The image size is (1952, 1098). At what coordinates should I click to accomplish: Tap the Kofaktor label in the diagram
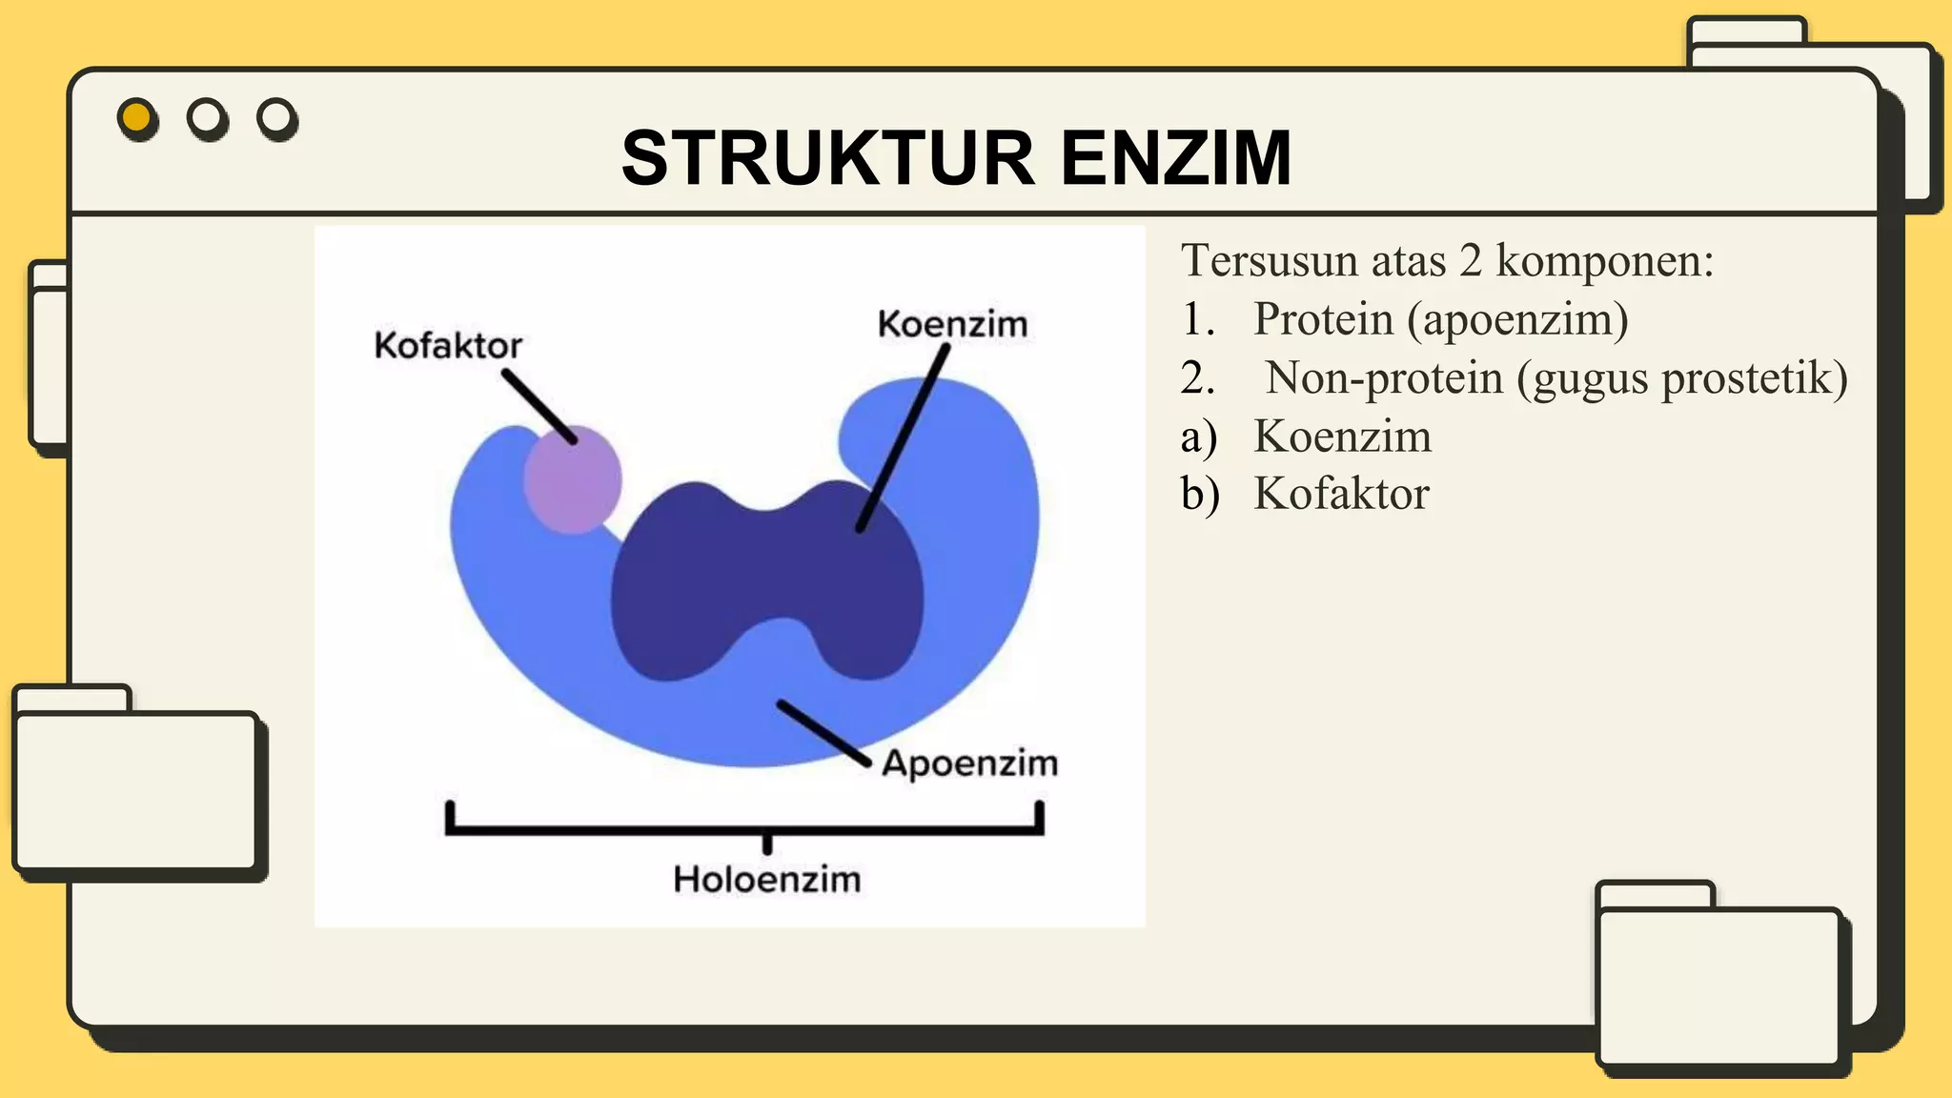click(x=448, y=345)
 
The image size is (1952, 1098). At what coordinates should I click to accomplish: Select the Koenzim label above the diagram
click(x=952, y=324)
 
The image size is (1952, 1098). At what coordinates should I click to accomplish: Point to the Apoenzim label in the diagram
click(x=969, y=763)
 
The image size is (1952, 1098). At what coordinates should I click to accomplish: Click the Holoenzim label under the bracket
click(x=766, y=879)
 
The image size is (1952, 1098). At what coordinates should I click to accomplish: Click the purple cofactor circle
click(x=572, y=480)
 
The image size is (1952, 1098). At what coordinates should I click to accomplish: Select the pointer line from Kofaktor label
click(x=539, y=407)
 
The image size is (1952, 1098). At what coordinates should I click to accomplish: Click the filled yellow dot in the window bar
click(x=137, y=118)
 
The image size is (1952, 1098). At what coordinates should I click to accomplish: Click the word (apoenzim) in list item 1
click(x=1517, y=319)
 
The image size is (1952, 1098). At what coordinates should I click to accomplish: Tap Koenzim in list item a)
click(x=1342, y=437)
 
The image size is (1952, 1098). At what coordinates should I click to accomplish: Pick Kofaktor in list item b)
click(x=1341, y=494)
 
